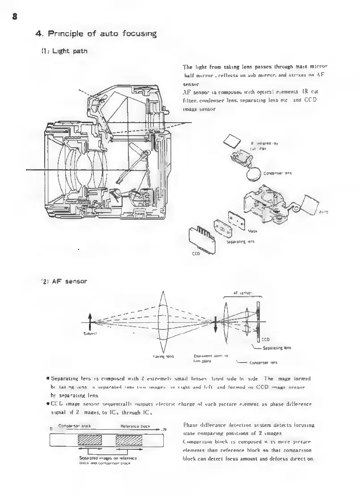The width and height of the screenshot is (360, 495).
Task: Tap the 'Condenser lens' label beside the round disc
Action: click(278, 174)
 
